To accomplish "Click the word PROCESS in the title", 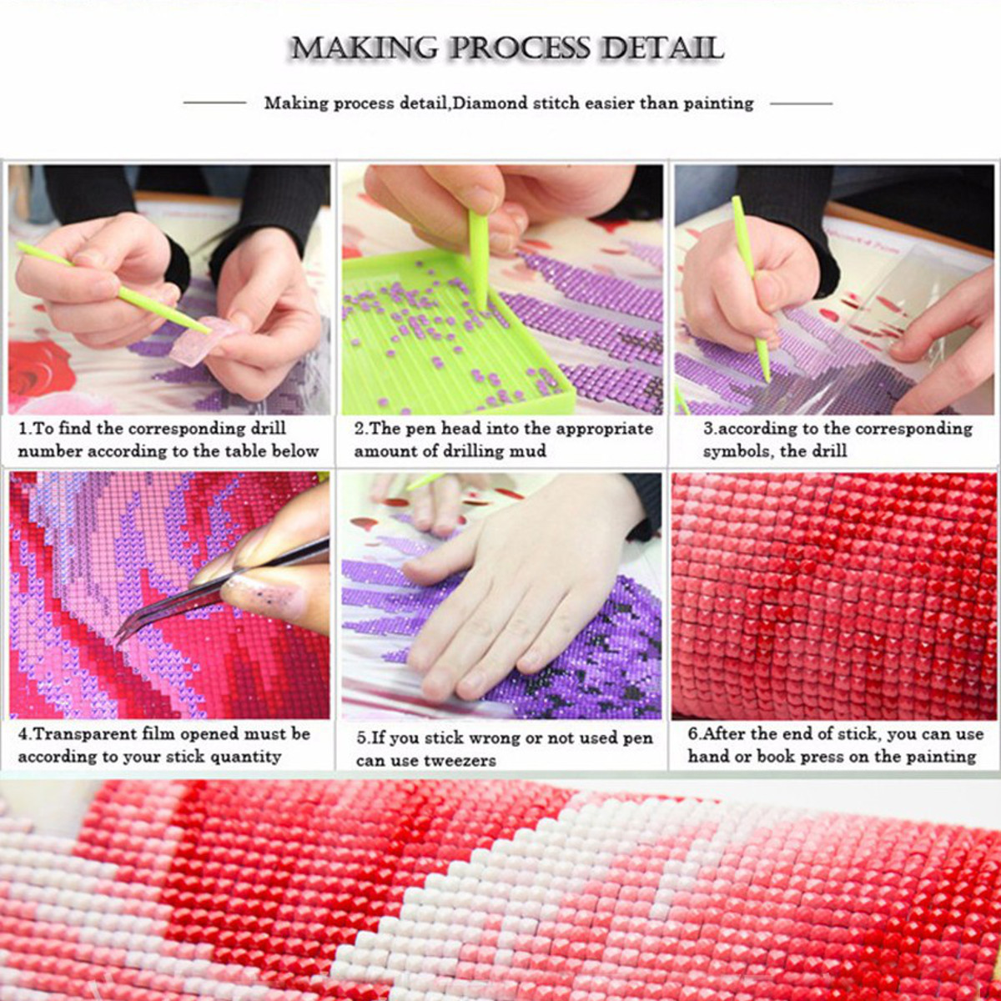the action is [520, 49].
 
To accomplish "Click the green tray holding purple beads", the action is [447, 333].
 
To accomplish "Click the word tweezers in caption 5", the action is [460, 761].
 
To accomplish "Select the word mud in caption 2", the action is [531, 451].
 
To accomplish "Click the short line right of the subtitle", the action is [801, 103].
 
